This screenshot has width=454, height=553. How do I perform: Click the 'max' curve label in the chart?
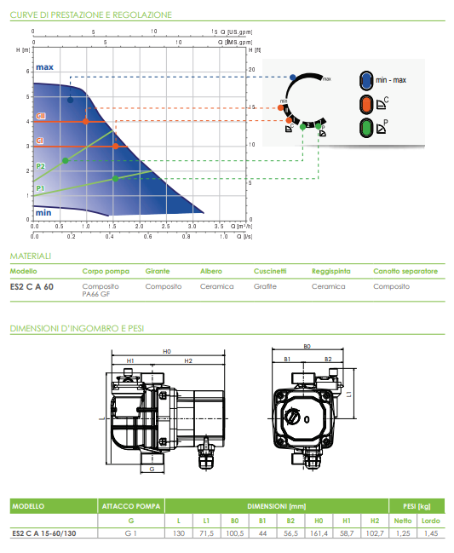tap(45, 66)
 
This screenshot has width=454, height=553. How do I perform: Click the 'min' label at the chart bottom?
tap(43, 211)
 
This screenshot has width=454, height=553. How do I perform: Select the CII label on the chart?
tap(40, 115)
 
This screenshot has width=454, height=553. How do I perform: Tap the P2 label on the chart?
tap(40, 166)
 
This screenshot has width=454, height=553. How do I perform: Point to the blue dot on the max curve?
tap(71, 101)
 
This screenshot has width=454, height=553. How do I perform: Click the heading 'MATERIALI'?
tap(31, 255)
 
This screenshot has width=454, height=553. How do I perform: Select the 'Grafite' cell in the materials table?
tap(265, 286)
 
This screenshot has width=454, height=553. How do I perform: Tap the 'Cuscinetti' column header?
tap(270, 271)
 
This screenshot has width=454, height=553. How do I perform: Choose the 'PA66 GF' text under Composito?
tap(96, 294)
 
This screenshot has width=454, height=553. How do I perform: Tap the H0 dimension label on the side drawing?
tap(167, 350)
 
